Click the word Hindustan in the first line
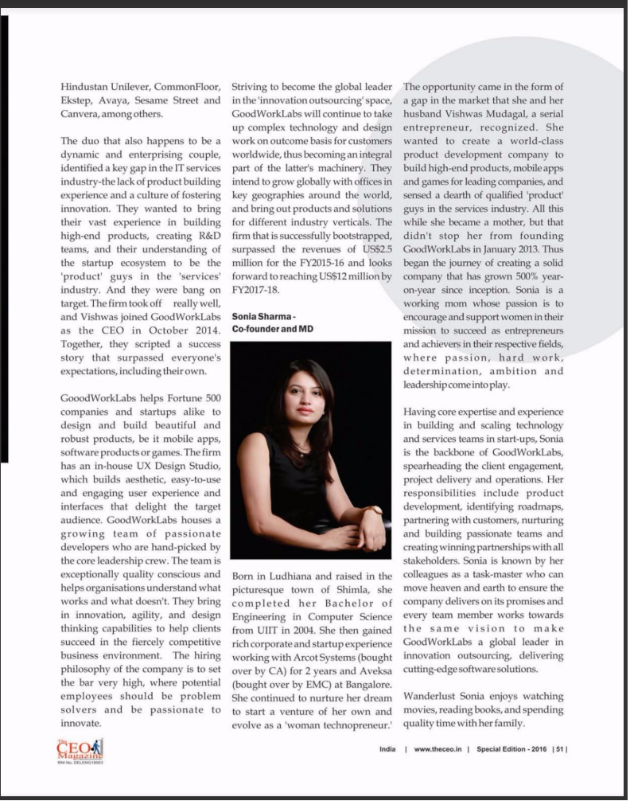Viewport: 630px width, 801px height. point(87,86)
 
